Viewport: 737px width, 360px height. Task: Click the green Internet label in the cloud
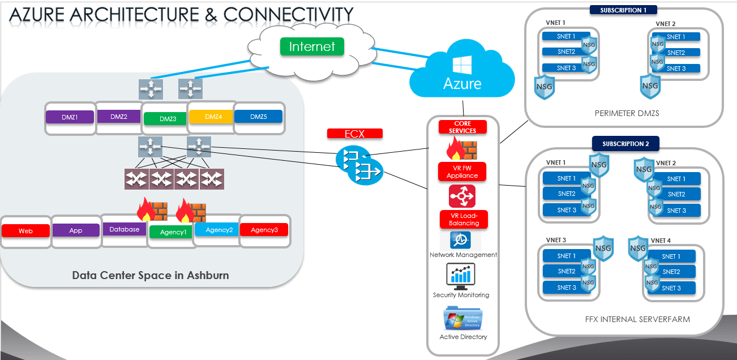click(312, 46)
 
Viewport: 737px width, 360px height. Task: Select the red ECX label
click(355, 134)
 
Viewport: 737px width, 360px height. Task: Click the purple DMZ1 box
click(70, 117)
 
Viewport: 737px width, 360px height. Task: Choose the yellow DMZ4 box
click(213, 117)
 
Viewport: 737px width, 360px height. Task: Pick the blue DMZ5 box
click(258, 117)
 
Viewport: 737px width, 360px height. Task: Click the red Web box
click(25, 231)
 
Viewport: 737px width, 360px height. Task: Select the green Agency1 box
click(173, 232)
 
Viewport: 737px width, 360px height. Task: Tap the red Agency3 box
click(264, 230)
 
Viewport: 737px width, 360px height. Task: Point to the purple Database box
click(125, 229)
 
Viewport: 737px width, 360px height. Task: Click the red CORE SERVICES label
click(462, 127)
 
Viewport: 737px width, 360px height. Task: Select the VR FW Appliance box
click(462, 172)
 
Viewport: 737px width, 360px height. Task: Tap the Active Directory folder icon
click(462, 318)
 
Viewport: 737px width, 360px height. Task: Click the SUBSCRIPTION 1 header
click(623, 10)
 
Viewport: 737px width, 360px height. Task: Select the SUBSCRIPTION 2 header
click(625, 144)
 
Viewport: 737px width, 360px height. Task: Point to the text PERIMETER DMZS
click(627, 113)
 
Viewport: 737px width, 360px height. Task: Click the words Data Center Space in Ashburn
click(151, 276)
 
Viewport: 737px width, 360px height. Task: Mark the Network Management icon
click(461, 240)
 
